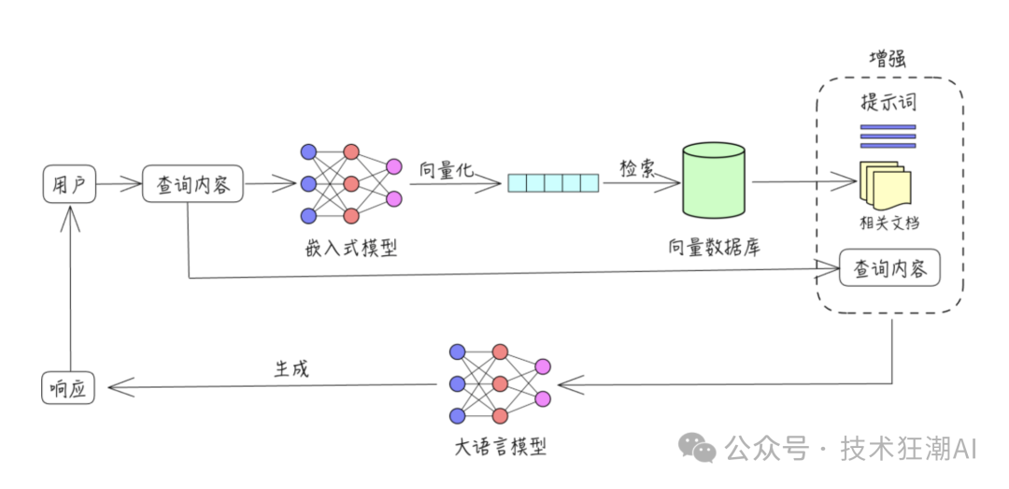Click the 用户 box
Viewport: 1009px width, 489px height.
[70, 184]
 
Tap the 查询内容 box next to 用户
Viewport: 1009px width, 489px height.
[192, 184]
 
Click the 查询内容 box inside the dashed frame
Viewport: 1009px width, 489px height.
[889, 268]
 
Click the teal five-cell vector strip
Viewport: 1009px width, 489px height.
[553, 182]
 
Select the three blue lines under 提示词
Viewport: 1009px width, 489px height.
[888, 136]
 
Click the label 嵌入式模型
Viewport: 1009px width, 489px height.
[350, 248]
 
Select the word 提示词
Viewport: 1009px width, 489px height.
[888, 102]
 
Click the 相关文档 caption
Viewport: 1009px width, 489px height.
[888, 223]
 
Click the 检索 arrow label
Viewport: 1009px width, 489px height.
[638, 168]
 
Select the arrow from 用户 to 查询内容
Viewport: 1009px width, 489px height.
[118, 184]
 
